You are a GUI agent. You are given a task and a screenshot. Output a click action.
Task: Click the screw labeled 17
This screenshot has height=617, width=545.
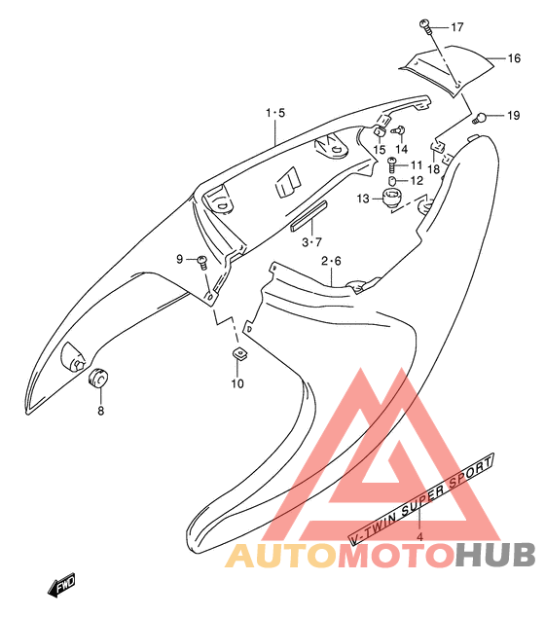point(425,26)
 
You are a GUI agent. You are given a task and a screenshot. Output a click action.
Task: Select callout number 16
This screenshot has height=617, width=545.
point(514,58)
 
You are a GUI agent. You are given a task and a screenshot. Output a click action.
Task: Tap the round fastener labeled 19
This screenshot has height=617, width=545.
point(479,117)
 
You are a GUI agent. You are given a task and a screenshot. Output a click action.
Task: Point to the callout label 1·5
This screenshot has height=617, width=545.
point(275,113)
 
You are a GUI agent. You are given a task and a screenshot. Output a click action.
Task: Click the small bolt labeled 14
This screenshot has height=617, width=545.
point(399,129)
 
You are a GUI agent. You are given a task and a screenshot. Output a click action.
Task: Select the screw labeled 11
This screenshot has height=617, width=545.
point(392,164)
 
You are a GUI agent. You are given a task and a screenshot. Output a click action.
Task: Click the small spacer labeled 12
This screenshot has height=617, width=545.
point(392,181)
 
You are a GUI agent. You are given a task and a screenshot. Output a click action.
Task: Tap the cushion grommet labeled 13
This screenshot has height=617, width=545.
point(392,198)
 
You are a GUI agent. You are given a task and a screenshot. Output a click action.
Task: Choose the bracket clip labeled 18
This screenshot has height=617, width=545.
point(437,146)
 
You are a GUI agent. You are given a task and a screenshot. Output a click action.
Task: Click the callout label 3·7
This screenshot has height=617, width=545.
point(312,242)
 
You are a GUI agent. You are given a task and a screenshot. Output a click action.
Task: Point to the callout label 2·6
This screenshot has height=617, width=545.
point(331,261)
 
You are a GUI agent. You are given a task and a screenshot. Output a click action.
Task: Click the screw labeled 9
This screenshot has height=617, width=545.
point(202,262)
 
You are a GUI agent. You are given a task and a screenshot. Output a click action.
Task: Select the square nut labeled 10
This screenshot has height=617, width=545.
point(239,353)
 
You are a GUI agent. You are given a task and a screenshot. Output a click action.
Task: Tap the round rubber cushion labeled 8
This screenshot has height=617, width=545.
point(97,378)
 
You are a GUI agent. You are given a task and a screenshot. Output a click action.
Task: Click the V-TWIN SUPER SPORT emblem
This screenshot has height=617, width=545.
point(421,499)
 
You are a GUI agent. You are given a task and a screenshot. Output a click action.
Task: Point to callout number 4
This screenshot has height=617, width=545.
point(419,537)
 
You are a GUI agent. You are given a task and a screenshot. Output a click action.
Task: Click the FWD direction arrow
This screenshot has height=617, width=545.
point(61,585)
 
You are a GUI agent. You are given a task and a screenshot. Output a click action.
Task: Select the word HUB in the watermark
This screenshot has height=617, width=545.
point(495,555)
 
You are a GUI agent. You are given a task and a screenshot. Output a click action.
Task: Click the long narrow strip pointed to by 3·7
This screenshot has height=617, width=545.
point(309,215)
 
